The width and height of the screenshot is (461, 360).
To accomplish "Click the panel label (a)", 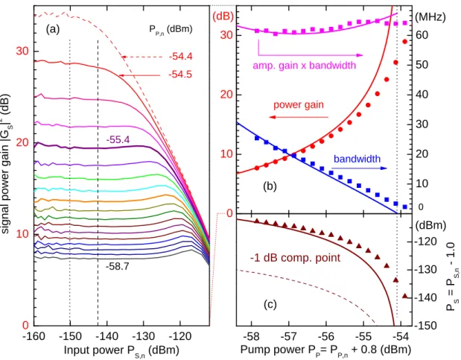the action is click(x=53, y=29).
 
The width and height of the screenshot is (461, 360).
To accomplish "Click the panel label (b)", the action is click(x=270, y=186).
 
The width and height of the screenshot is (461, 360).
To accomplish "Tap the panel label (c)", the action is click(x=270, y=304).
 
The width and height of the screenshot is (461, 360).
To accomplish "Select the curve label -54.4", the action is click(x=180, y=56).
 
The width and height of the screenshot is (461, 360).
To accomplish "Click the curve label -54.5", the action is click(x=180, y=75).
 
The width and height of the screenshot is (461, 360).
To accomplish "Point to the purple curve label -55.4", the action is click(x=118, y=140).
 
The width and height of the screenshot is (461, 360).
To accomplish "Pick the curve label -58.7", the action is click(x=118, y=266).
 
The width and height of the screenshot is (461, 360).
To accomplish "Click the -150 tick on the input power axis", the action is click(x=70, y=336).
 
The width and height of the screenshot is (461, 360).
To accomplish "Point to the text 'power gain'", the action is click(x=299, y=105).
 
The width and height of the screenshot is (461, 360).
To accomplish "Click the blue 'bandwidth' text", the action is click(x=357, y=159).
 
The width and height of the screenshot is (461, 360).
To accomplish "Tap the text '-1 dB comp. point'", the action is click(x=295, y=258).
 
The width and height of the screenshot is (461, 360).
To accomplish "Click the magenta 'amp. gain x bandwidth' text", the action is click(x=305, y=65).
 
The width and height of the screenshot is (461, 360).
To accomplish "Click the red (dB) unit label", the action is click(x=223, y=16).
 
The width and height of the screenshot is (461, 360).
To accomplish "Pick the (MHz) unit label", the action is click(x=430, y=17).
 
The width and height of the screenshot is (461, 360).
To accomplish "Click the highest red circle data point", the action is click(x=405, y=42).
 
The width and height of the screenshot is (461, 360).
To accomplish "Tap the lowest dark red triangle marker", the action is click(x=405, y=296).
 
